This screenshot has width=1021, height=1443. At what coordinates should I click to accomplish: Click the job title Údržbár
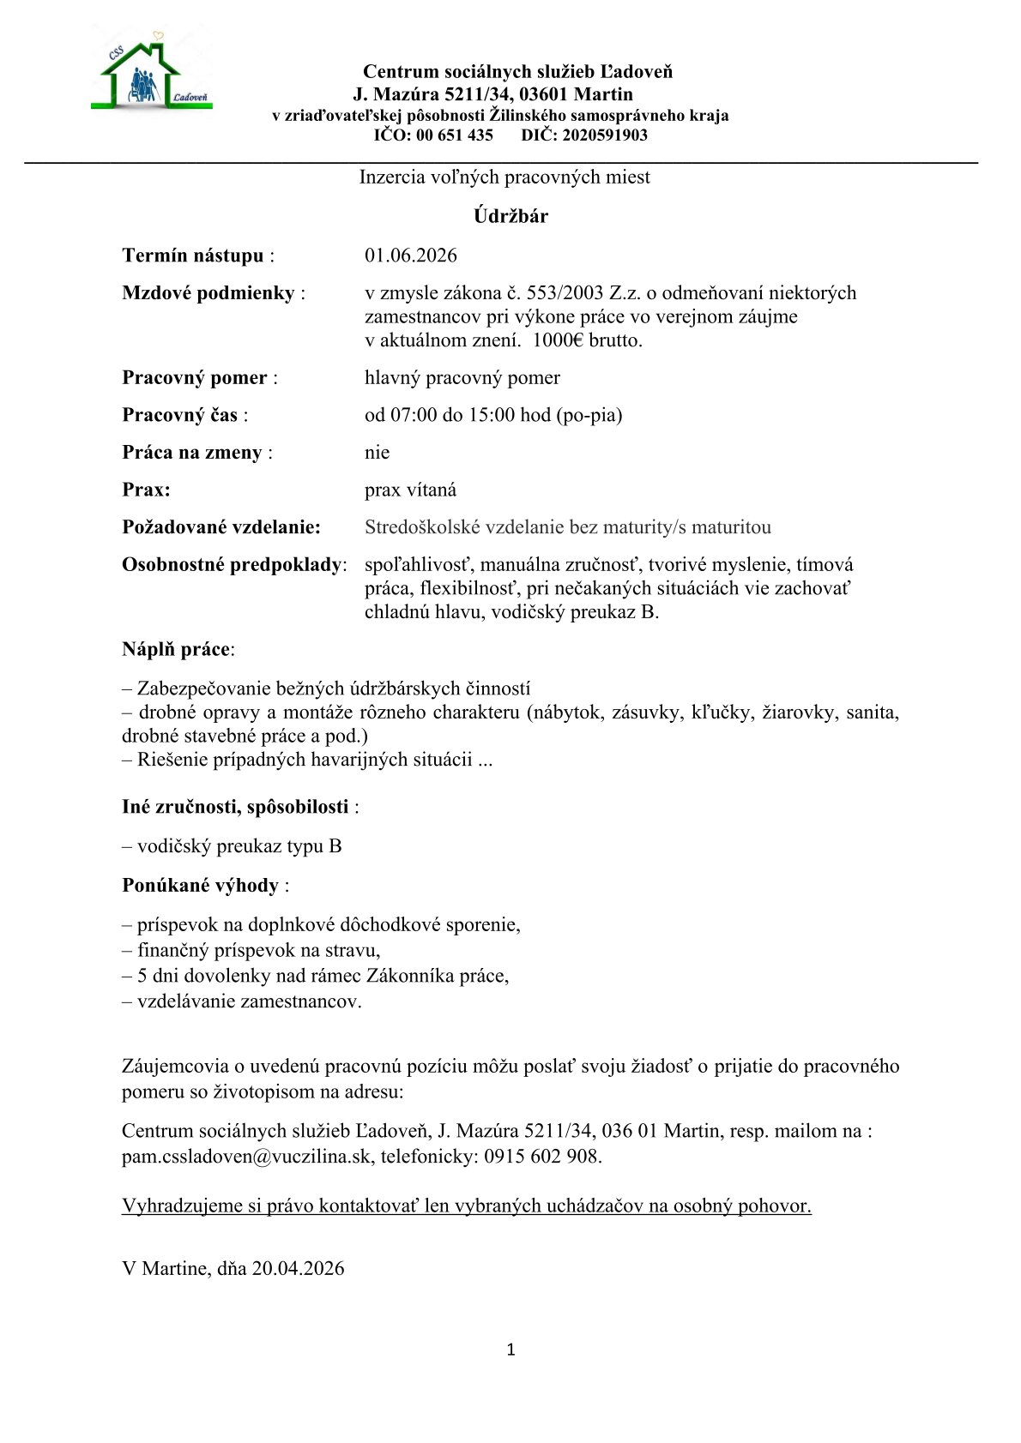(x=510, y=216)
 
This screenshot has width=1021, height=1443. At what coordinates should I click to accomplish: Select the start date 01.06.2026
(x=411, y=256)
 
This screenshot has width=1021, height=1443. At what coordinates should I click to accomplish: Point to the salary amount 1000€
(x=558, y=340)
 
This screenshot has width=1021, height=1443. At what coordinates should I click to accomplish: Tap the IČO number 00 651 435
(x=455, y=135)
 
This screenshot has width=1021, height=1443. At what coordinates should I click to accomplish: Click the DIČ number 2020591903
(x=605, y=135)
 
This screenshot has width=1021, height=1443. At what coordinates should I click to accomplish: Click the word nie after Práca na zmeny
(x=377, y=453)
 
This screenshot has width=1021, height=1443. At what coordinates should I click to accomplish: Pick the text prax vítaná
(x=410, y=490)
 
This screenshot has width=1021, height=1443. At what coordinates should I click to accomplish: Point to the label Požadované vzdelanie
(x=221, y=527)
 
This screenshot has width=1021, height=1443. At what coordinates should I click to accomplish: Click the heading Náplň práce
(x=177, y=649)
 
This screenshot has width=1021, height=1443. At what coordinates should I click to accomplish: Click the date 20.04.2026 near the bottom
(x=298, y=1269)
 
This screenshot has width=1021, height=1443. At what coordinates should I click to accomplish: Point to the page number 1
(x=511, y=1350)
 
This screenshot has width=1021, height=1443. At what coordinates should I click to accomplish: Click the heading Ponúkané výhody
(x=201, y=886)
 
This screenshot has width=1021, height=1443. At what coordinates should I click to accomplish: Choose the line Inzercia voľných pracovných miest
(x=504, y=177)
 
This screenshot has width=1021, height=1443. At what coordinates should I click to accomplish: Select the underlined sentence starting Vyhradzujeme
(x=467, y=1206)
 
